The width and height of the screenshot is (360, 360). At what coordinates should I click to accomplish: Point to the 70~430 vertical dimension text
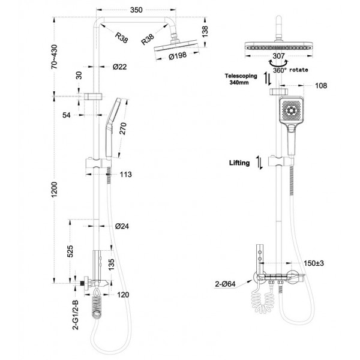click(x=55, y=56)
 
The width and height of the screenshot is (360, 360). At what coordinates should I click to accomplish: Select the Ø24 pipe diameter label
click(x=121, y=226)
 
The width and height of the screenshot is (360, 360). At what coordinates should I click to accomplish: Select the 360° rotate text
click(x=292, y=70)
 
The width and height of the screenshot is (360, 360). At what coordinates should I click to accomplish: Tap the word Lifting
click(x=239, y=163)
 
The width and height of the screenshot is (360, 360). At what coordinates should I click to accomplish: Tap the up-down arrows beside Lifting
click(x=259, y=163)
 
